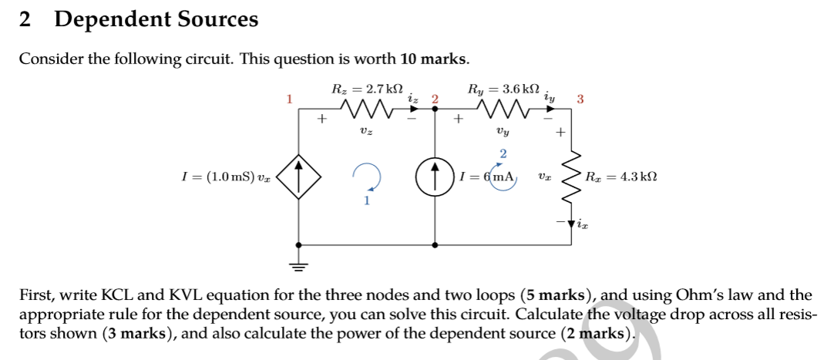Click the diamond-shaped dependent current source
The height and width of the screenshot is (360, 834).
pyautogui.click(x=298, y=177)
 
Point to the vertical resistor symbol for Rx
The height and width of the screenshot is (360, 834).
pyautogui.click(x=572, y=177)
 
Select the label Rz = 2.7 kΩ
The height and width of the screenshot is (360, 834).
pyautogui.click(x=367, y=89)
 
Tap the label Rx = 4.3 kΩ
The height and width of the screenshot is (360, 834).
pyautogui.click(x=620, y=177)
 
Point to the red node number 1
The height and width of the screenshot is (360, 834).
pyautogui.click(x=290, y=99)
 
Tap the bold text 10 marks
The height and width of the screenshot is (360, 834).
pyautogui.click(x=434, y=59)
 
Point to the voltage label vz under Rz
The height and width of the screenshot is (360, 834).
pyautogui.click(x=366, y=133)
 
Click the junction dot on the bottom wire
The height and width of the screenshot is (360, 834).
pyautogui.click(x=435, y=244)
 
